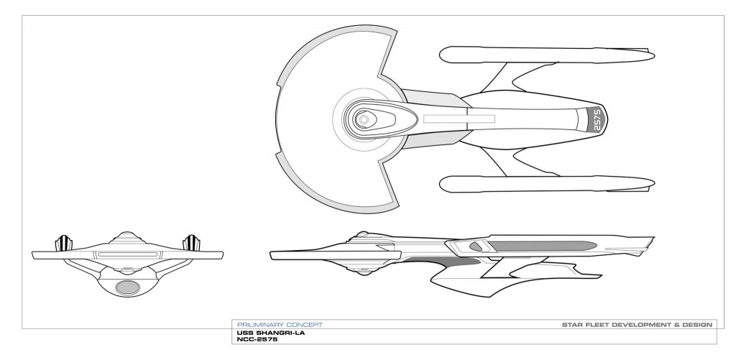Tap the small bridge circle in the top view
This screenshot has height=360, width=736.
364,118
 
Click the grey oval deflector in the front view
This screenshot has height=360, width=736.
128,287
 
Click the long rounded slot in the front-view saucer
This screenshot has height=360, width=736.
128,254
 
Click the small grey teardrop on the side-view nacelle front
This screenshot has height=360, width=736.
476,245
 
